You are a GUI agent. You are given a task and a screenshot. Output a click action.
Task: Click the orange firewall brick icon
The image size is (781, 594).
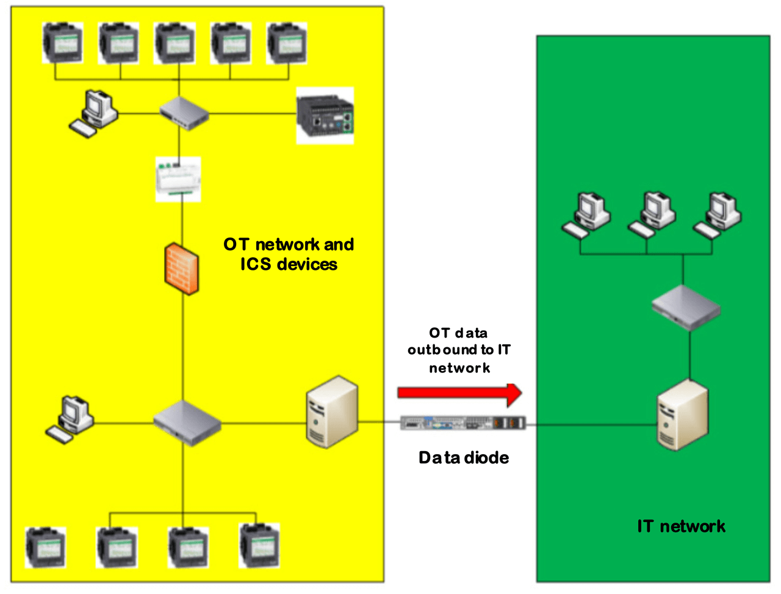click(x=182, y=269)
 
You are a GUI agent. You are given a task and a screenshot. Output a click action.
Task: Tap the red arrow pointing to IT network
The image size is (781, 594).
click(x=459, y=393)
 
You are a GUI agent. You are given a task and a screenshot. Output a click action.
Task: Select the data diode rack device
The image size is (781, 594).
click(x=463, y=422)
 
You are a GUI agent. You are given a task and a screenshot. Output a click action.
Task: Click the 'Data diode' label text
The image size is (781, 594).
click(x=463, y=457)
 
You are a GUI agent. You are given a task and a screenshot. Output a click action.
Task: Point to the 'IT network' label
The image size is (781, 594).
click(x=681, y=526)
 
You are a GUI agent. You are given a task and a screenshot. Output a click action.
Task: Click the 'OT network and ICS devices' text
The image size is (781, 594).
click(x=289, y=254)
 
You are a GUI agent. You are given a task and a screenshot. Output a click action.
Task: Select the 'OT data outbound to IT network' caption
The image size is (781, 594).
click(x=459, y=350)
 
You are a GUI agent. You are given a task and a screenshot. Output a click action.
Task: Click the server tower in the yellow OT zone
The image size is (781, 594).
click(x=331, y=412)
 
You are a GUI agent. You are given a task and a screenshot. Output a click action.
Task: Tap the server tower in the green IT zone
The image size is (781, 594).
click(x=682, y=415)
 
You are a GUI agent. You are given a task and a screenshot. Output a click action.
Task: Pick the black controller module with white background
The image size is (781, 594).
click(x=325, y=116)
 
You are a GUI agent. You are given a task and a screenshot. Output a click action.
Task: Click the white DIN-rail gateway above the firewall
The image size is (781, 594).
click(x=178, y=179)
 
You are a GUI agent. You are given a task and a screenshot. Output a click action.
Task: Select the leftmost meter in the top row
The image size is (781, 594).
click(x=62, y=43)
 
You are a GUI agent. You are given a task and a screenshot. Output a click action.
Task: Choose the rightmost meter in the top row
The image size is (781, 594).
click(x=287, y=43)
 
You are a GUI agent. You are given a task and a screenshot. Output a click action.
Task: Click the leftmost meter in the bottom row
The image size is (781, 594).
click(x=46, y=547)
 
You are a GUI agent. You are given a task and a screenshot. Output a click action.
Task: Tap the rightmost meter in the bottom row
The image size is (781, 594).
click(x=260, y=545)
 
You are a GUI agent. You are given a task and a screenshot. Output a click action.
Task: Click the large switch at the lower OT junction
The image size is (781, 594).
click(x=186, y=422)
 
